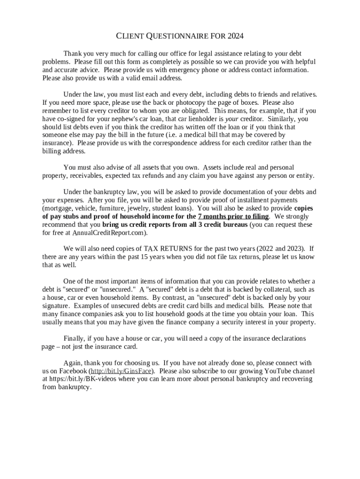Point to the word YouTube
click(265, 371)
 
